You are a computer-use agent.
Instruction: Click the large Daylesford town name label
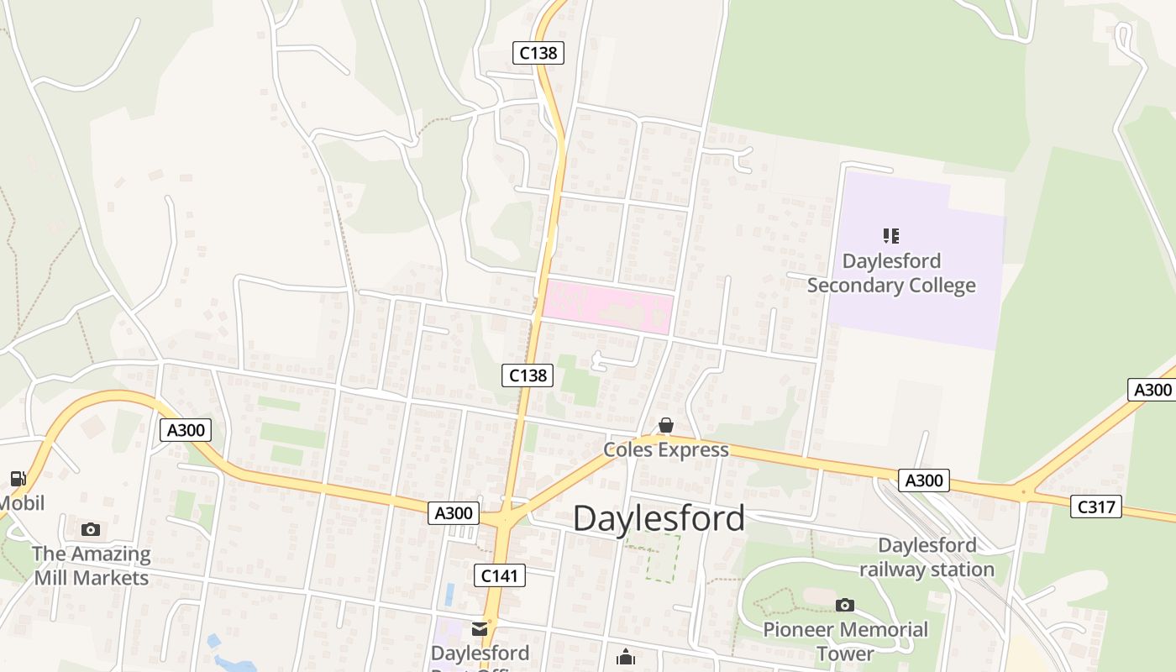click(659, 518)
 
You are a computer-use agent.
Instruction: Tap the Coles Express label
click(666, 450)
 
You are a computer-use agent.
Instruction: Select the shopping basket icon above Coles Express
click(666, 425)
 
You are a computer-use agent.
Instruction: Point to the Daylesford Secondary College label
click(891, 273)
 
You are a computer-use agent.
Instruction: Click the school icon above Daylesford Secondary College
click(891, 236)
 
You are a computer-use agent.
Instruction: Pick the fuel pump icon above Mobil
click(18, 479)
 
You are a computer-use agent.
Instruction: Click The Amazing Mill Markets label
click(91, 565)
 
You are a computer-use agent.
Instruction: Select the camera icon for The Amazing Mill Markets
click(91, 529)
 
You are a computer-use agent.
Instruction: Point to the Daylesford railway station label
click(927, 557)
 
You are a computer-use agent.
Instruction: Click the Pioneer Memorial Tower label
click(845, 641)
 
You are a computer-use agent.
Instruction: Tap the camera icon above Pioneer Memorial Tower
click(845, 605)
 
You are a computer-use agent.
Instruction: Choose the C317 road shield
click(1096, 507)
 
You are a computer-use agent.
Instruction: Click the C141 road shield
click(500, 575)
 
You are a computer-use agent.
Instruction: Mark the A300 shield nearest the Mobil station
click(186, 431)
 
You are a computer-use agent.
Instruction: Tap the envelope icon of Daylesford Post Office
click(480, 628)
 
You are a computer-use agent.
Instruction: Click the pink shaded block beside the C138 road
click(607, 307)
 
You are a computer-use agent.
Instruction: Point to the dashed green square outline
click(662, 559)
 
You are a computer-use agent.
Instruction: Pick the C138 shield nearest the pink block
click(528, 375)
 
